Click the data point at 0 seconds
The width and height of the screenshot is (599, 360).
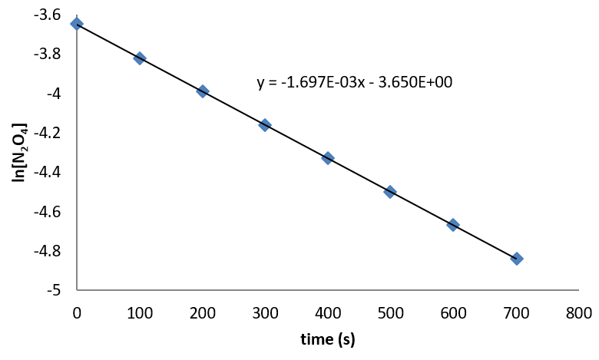[x=77, y=24]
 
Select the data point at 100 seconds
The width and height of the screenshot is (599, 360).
[x=140, y=58]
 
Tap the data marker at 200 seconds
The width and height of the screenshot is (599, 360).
[x=203, y=91]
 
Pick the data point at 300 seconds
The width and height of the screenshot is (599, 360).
[x=265, y=125]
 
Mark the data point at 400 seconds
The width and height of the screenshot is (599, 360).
[x=328, y=158]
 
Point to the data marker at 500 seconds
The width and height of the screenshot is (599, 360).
[x=390, y=192]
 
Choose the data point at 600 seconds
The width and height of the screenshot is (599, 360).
[x=453, y=225]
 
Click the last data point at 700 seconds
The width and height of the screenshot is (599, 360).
[x=516, y=259]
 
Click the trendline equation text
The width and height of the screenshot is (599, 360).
[x=355, y=82]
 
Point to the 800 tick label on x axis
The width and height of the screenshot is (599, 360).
[x=578, y=312]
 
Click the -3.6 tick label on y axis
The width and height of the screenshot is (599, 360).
[x=50, y=15]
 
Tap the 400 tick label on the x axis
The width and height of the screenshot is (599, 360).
[x=328, y=312]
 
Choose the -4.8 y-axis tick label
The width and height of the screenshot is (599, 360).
[x=50, y=251]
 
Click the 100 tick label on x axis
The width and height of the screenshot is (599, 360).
[x=140, y=312]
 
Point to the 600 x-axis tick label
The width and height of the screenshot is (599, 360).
[x=453, y=312]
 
